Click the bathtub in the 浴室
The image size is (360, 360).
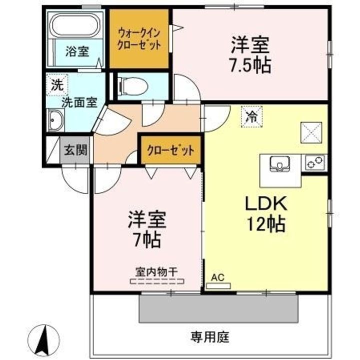click(76, 25)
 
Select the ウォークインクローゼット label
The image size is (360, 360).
click(139, 39)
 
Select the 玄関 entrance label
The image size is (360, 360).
click(75, 149)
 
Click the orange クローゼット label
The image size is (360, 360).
click(170, 149)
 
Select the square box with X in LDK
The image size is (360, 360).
click(310, 132)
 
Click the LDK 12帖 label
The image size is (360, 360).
click(264, 213)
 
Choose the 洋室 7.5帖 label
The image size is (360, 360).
click(250, 55)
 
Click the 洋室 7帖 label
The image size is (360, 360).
click(146, 229)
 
